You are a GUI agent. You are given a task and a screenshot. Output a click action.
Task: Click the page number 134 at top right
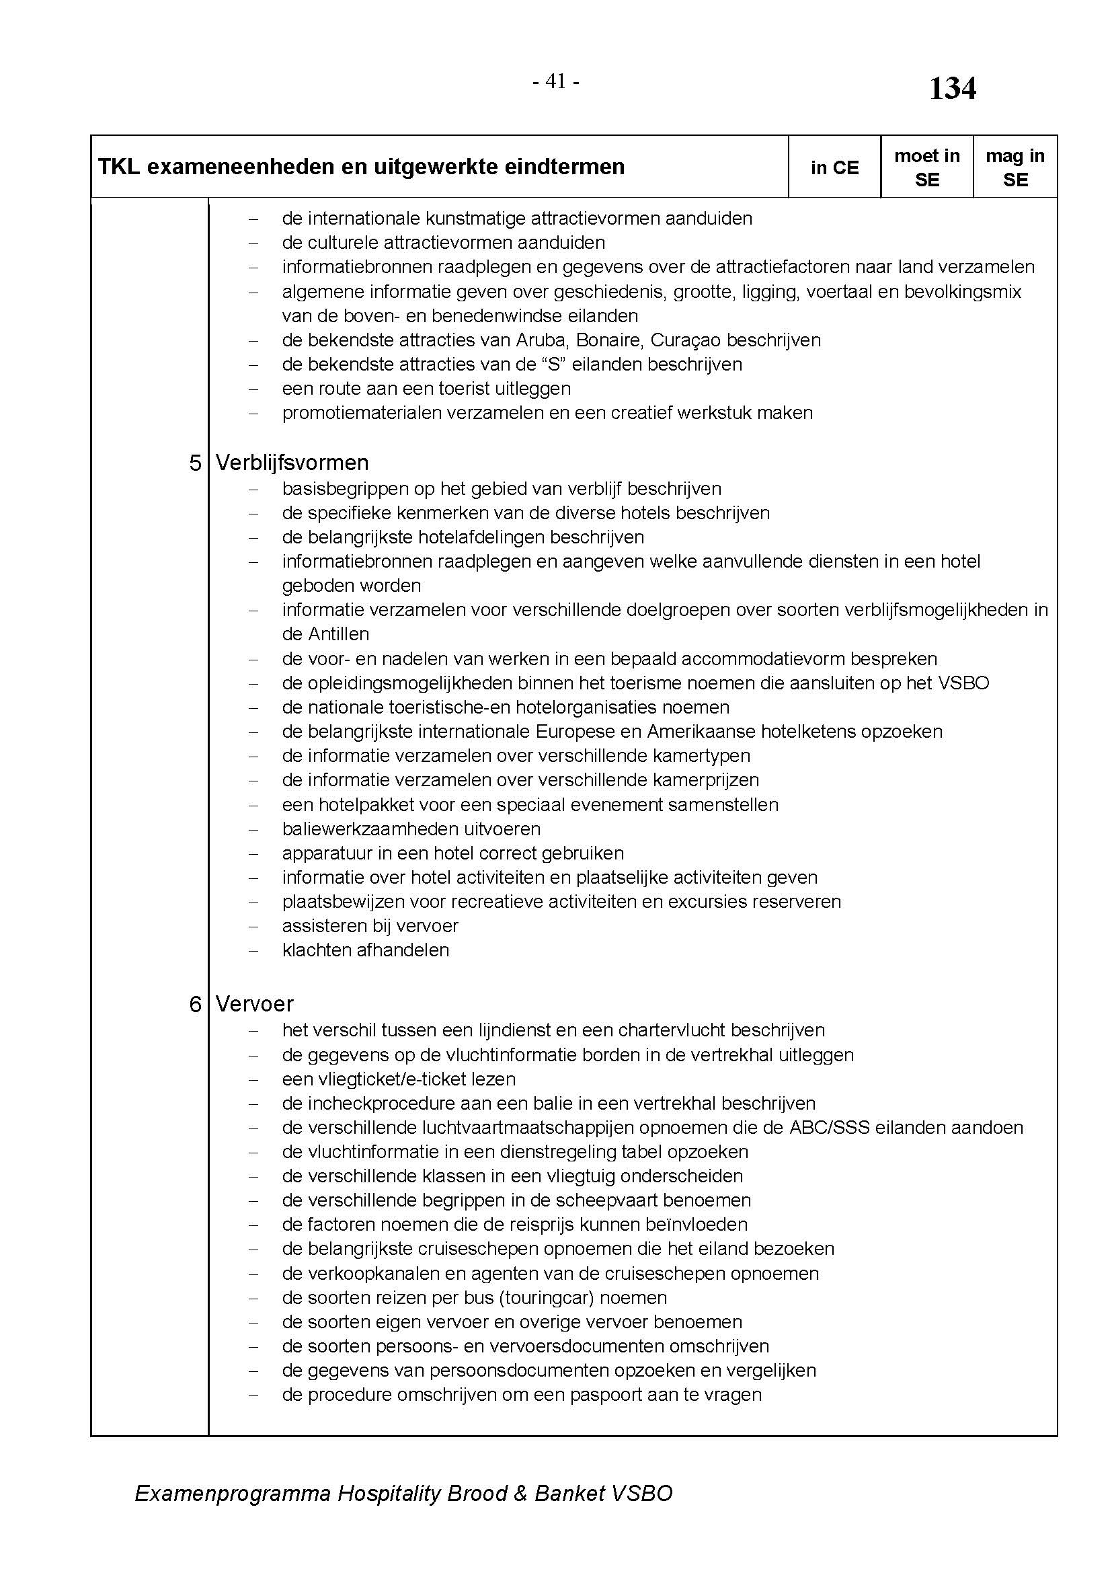(x=952, y=89)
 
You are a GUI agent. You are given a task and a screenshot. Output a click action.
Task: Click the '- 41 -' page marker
(x=556, y=82)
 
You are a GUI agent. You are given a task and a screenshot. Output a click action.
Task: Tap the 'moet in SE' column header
(x=926, y=168)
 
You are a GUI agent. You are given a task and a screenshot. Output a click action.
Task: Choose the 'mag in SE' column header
(x=1015, y=168)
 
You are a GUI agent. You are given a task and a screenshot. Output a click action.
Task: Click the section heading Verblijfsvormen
(x=292, y=463)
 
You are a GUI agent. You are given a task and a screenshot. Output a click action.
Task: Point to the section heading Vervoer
(x=254, y=1003)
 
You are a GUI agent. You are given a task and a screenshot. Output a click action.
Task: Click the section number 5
(x=195, y=463)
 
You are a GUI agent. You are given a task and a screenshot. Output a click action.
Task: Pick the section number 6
(x=195, y=1004)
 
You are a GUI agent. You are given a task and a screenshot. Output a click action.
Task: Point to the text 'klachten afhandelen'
(x=366, y=950)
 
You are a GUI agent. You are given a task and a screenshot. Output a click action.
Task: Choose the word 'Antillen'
(x=337, y=634)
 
